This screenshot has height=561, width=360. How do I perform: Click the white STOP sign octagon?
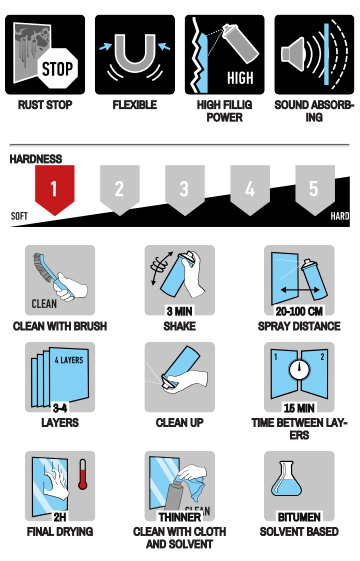(x=58, y=68)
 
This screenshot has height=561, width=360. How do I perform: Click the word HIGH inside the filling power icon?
(x=240, y=78)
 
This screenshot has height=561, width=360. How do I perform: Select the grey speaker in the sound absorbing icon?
(x=293, y=54)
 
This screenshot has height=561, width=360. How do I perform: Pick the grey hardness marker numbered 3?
(x=185, y=190)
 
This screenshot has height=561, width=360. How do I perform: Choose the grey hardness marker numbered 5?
(x=315, y=190)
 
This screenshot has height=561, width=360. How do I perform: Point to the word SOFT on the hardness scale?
(x=19, y=216)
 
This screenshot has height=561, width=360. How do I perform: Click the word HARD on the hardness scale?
(x=340, y=216)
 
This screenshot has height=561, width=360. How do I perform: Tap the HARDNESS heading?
(x=36, y=159)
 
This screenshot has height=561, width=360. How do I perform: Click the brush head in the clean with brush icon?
(x=43, y=268)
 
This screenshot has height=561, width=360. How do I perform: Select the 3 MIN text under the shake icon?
(x=180, y=311)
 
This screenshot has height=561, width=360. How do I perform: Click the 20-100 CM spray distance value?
(x=299, y=311)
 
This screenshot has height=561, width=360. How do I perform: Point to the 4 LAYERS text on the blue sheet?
(x=69, y=360)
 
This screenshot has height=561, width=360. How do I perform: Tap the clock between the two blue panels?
(x=299, y=370)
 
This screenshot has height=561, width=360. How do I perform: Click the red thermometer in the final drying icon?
(x=83, y=474)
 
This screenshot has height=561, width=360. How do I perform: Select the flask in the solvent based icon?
(x=286, y=479)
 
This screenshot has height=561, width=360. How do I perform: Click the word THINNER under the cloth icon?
(x=180, y=517)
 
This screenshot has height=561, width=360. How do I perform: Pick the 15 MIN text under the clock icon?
(x=299, y=408)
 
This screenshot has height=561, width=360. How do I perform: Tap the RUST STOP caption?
(x=45, y=105)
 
